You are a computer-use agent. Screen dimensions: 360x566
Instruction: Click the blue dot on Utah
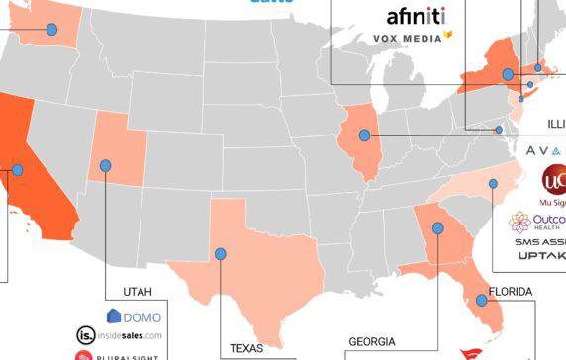click(x=106, y=165)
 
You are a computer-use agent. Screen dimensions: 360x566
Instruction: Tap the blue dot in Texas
click(x=220, y=253)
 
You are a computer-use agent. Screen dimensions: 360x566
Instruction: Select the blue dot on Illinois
click(x=365, y=135)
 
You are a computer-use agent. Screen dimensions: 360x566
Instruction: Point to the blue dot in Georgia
click(x=437, y=227)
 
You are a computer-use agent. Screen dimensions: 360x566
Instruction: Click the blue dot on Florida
click(x=482, y=300)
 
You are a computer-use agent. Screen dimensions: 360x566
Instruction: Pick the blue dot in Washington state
click(x=51, y=29)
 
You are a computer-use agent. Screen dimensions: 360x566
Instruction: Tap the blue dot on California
click(x=17, y=169)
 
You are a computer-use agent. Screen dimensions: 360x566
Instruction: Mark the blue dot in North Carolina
click(x=493, y=183)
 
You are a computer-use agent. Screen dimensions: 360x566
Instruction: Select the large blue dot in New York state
click(x=508, y=74)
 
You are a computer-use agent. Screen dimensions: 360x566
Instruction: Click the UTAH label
click(x=139, y=292)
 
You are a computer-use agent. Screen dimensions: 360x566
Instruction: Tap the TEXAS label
click(x=247, y=348)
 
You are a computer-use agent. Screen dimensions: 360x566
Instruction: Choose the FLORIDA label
click(x=511, y=292)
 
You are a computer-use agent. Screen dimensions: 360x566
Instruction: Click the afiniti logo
click(x=416, y=16)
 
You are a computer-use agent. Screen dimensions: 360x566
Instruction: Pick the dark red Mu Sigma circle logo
click(x=554, y=181)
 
